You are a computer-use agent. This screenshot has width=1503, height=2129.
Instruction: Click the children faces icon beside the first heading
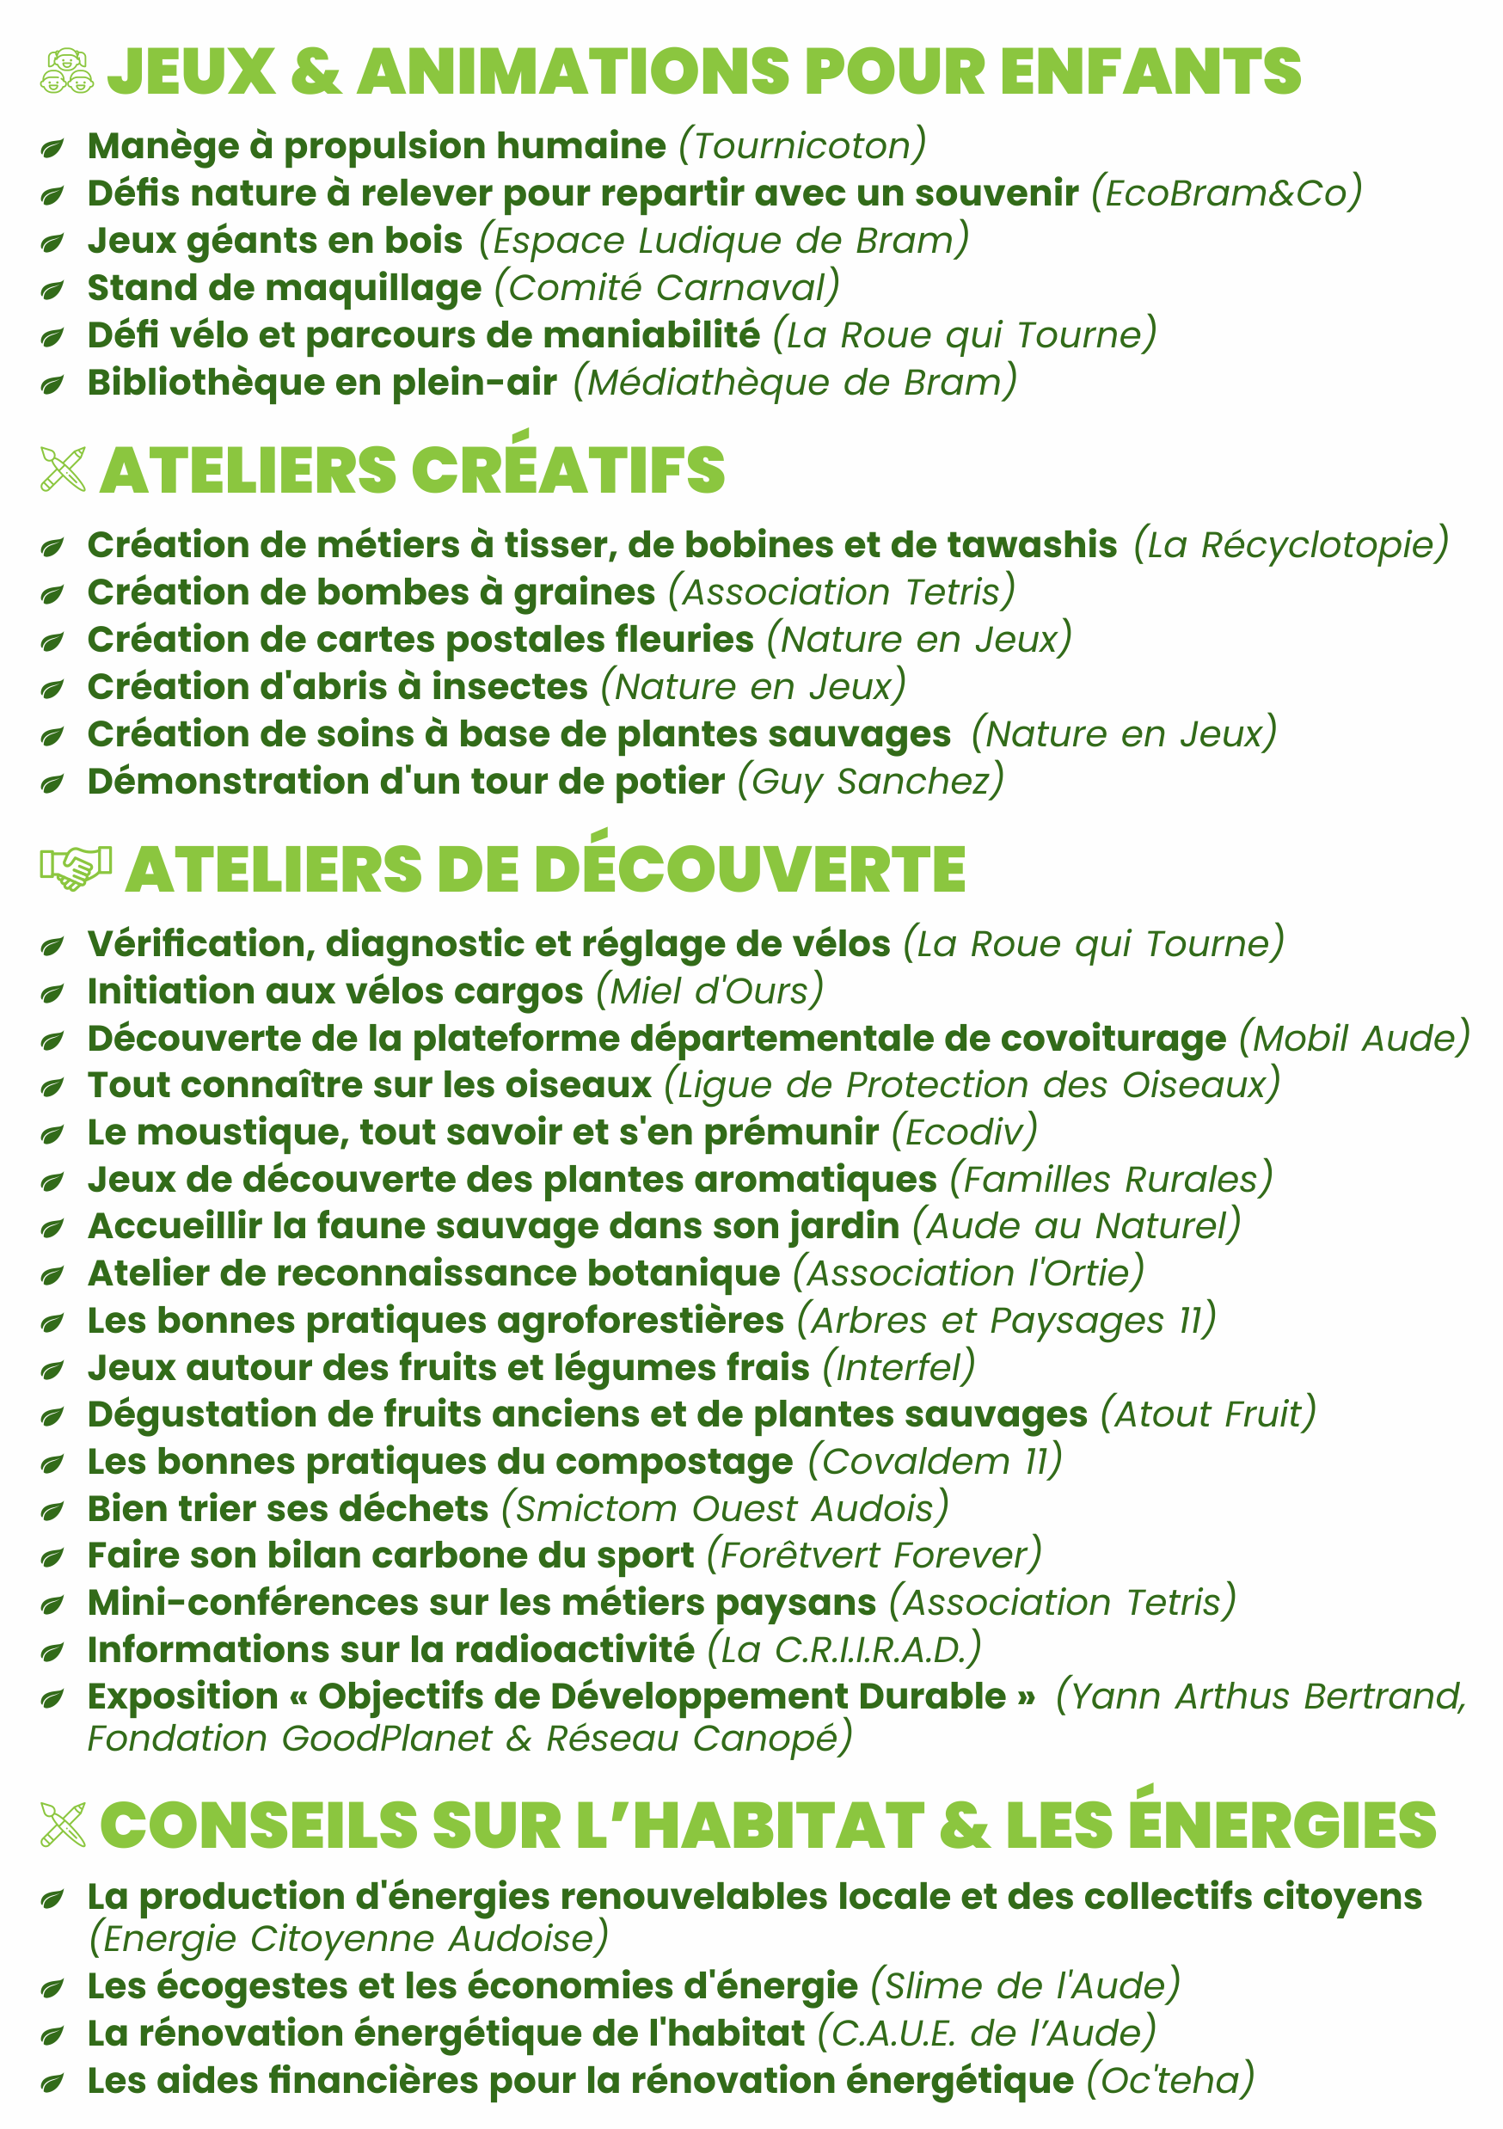[67, 71]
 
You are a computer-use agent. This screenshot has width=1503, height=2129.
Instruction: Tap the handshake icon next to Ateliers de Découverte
[75, 868]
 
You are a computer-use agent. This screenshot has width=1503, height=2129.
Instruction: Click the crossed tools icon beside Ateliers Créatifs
[63, 469]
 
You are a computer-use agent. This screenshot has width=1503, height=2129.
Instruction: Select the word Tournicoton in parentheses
[802, 145]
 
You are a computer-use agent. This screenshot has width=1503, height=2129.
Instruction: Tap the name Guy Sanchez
[871, 781]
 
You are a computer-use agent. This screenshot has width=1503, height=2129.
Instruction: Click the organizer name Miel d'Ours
[709, 991]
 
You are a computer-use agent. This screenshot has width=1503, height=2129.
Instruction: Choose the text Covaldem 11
[935, 1462]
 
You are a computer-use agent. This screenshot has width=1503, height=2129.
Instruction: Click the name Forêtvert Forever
[874, 1555]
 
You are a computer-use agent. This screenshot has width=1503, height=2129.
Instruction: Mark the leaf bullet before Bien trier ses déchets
[52, 1511]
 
